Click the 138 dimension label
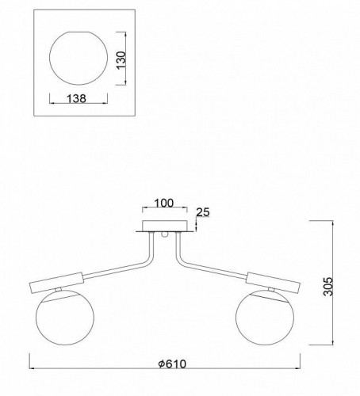point(76,99)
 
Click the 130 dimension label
point(122,60)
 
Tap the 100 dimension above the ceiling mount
point(164,204)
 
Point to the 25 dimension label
point(203,212)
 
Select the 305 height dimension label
point(328,287)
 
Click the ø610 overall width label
point(172,364)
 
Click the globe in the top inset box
point(79,58)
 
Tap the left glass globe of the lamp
point(65,318)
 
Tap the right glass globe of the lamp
point(265,318)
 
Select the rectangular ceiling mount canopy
point(165,226)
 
